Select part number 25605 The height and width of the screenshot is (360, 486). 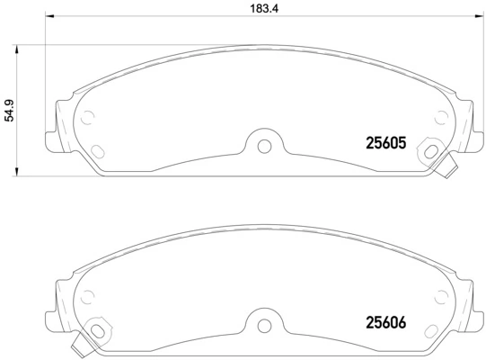(x=386, y=142)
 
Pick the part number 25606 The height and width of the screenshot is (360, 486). (x=386, y=319)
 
